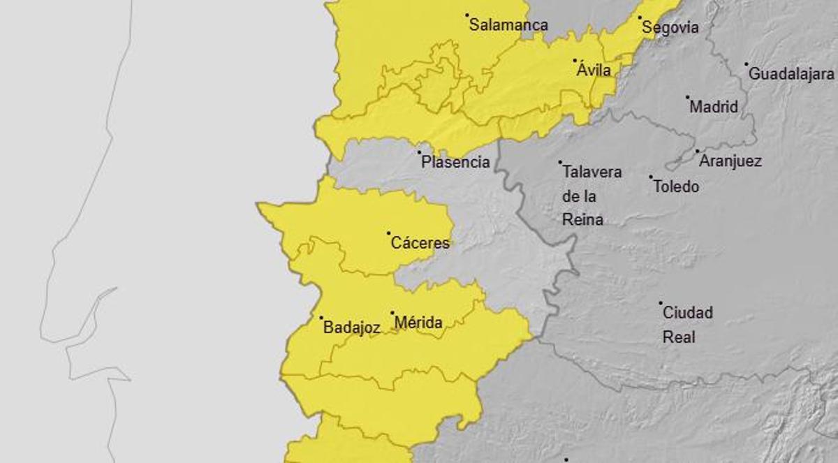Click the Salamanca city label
(x=508, y=25)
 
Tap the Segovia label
(x=670, y=28)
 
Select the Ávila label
(x=594, y=70)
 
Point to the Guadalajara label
(x=791, y=73)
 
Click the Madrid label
(x=714, y=108)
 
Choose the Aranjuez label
(x=730, y=161)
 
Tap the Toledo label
(x=676, y=187)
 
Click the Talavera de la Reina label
(x=591, y=196)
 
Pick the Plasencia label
(x=455, y=163)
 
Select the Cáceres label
(x=420, y=244)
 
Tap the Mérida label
(x=418, y=323)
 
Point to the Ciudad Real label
(x=687, y=325)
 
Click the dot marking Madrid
(x=687, y=98)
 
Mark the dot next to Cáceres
(x=389, y=233)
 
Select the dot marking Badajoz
(x=321, y=318)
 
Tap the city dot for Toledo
(x=651, y=177)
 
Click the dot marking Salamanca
(x=467, y=15)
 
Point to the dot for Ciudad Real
(x=661, y=303)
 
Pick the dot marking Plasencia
(x=419, y=152)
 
